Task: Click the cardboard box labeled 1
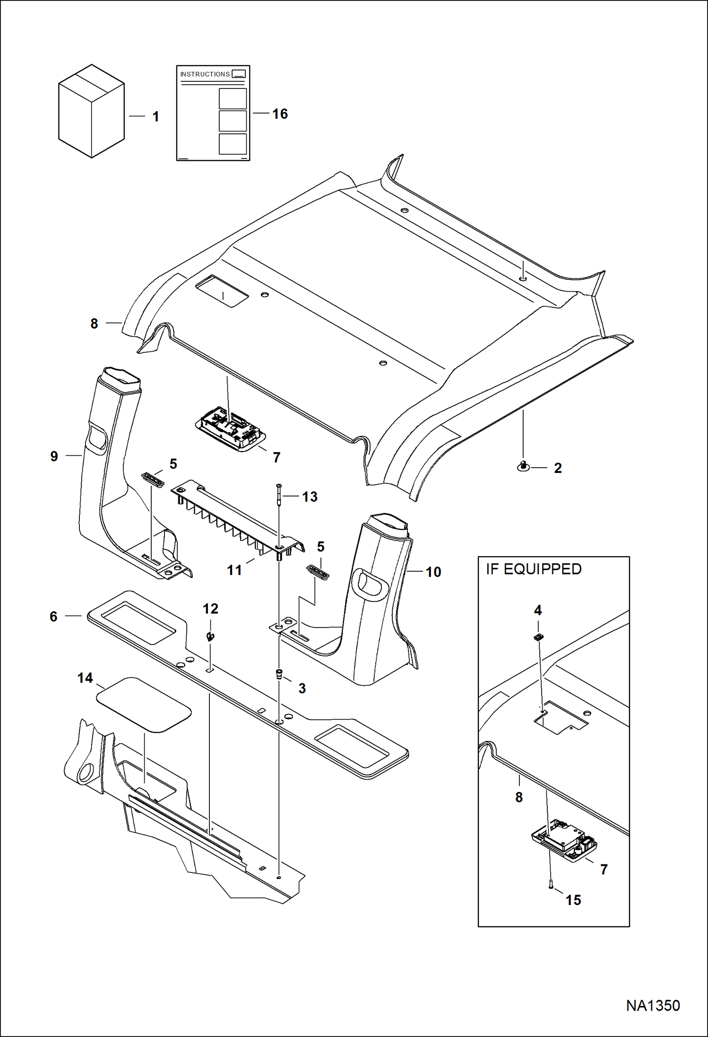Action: (91, 112)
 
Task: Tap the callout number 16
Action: (280, 114)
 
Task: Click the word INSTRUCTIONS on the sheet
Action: (205, 74)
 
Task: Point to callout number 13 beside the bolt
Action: (310, 497)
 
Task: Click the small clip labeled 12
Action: (209, 636)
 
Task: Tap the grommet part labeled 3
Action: (279, 673)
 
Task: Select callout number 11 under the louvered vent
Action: (234, 570)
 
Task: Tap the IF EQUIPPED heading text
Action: (534, 569)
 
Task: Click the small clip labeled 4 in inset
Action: (538, 637)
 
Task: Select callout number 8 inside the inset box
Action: (519, 797)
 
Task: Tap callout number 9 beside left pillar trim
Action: (54, 456)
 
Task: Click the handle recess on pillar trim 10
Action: (371, 584)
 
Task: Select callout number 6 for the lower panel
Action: (53, 617)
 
